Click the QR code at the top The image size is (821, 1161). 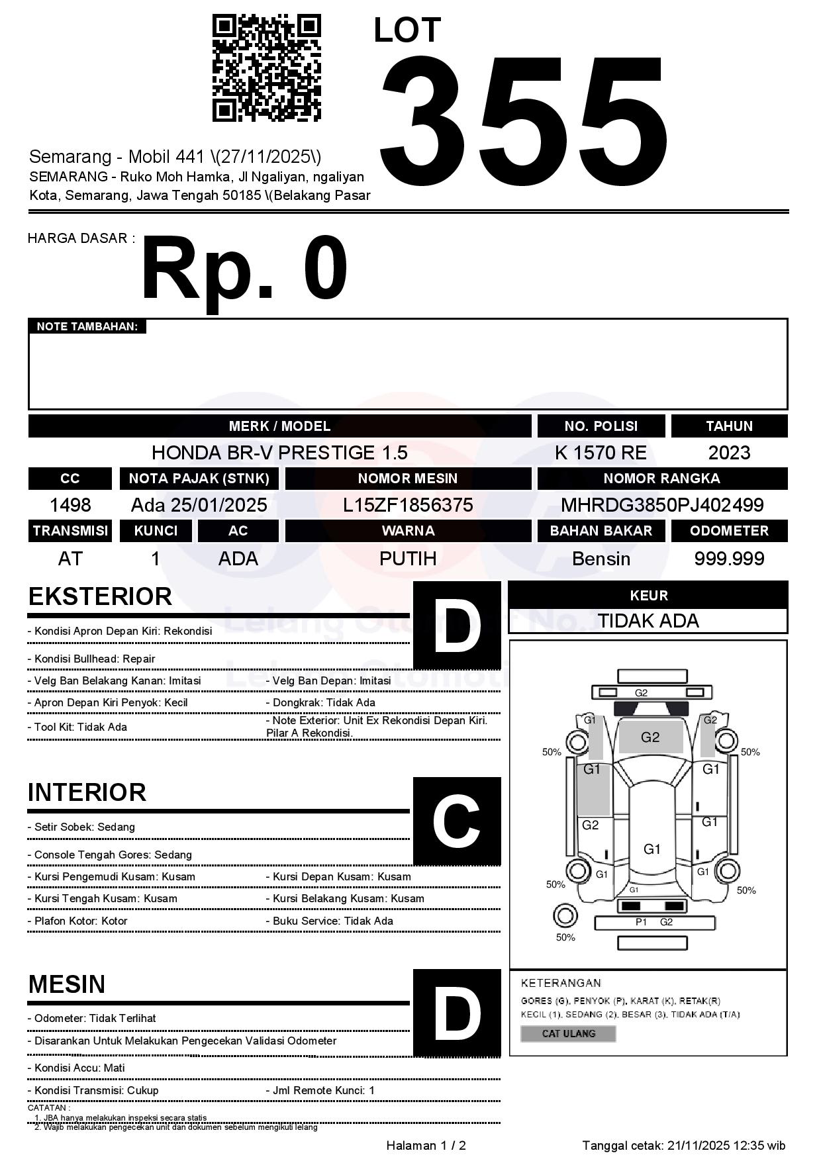click(266, 68)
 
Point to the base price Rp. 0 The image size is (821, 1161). click(244, 270)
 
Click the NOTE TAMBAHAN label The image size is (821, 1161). click(87, 326)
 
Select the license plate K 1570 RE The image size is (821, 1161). click(601, 453)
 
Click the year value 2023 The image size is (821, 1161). click(729, 453)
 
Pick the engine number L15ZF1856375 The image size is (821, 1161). click(408, 505)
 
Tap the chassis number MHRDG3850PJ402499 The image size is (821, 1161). click(662, 505)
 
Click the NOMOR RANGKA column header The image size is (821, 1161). click(662, 479)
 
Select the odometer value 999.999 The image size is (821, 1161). click(729, 559)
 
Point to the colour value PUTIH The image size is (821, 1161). click(408, 559)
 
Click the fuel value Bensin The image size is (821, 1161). click(601, 559)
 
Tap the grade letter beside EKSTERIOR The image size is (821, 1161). click(457, 626)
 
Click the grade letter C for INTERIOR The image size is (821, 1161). click(457, 821)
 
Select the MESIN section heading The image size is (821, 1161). click(67, 984)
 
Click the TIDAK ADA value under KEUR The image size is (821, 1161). click(648, 621)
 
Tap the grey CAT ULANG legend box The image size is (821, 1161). click(568, 1033)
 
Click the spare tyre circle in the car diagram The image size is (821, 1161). click(565, 917)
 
